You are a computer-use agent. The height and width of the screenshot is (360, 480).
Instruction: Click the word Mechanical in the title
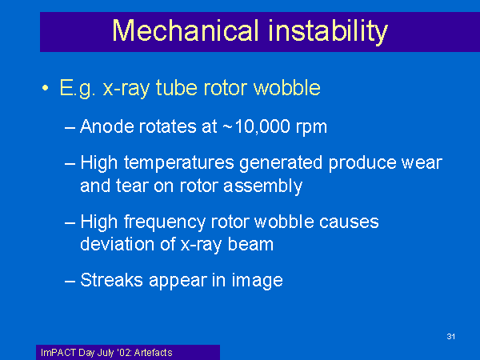(x=186, y=30)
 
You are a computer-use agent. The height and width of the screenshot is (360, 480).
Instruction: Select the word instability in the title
(x=328, y=32)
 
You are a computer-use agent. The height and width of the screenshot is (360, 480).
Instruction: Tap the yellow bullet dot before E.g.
(x=46, y=88)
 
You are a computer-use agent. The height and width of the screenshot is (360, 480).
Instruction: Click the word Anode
(x=107, y=126)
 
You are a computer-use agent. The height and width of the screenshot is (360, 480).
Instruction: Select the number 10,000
(x=262, y=126)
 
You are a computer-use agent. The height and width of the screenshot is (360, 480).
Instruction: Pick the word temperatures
(x=179, y=163)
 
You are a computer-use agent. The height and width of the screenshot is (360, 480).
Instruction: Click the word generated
(x=281, y=163)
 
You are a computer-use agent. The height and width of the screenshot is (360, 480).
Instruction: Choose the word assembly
(x=263, y=186)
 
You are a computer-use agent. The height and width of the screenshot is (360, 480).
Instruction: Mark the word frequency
(x=164, y=222)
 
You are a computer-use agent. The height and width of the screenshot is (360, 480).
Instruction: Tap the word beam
(x=250, y=244)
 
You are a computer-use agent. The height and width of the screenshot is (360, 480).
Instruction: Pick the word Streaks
(x=111, y=280)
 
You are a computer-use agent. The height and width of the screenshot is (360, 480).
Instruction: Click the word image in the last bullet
(x=257, y=281)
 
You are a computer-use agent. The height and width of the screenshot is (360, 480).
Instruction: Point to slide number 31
(x=450, y=337)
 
